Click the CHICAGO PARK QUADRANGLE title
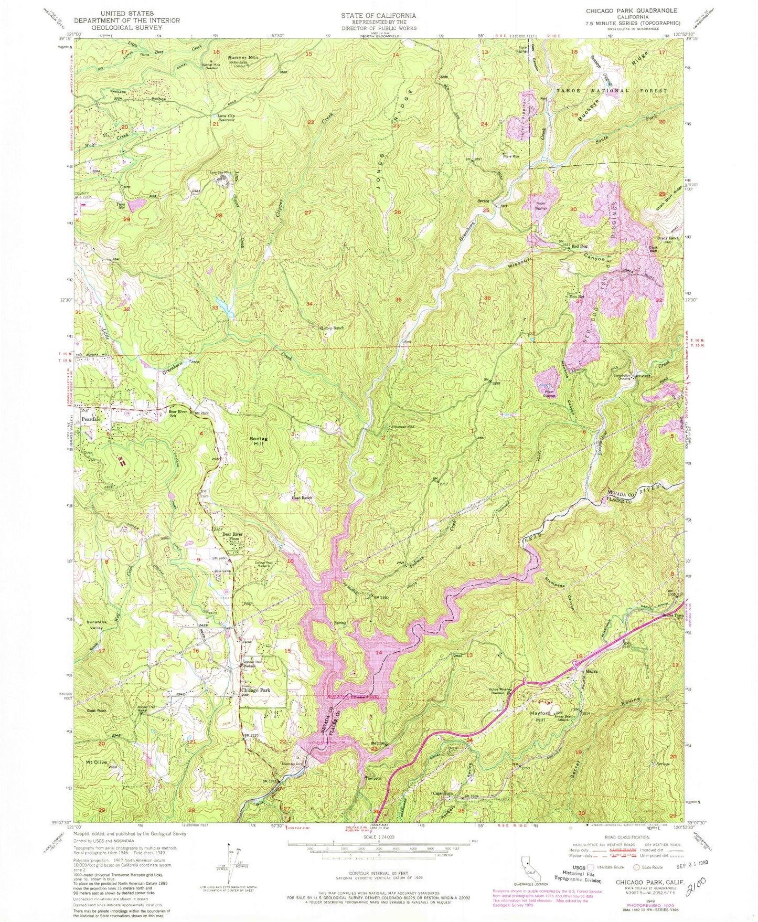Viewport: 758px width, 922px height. [633, 10]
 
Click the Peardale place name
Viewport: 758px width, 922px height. [92, 420]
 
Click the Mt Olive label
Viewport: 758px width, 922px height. [97, 762]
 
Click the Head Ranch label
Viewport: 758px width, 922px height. [302, 497]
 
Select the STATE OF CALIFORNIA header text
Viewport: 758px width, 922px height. [378, 16]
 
